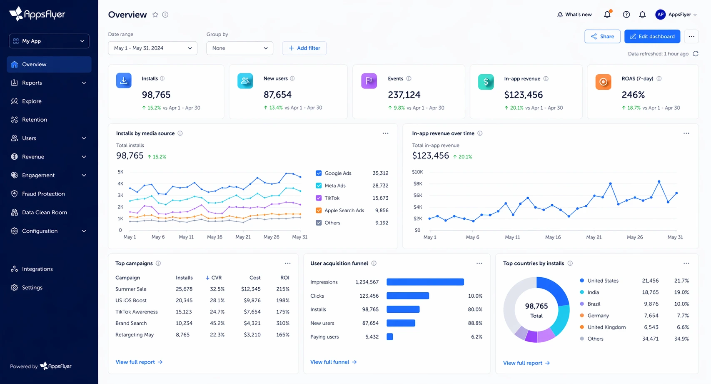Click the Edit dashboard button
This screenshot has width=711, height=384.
pyautogui.click(x=652, y=37)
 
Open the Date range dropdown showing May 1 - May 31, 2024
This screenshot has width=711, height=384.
pyautogui.click(x=152, y=48)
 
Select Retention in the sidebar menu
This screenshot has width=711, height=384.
pyautogui.click(x=34, y=120)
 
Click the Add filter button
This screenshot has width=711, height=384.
pyautogui.click(x=304, y=48)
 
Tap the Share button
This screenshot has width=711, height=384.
pyautogui.click(x=602, y=37)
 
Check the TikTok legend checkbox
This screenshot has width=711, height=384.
pyautogui.click(x=319, y=198)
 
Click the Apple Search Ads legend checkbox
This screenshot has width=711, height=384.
pyautogui.click(x=319, y=210)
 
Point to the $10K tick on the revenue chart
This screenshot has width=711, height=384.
pyautogui.click(x=417, y=172)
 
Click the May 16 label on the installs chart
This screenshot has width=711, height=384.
pyautogui.click(x=215, y=237)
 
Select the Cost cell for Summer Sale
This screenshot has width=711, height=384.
pyautogui.click(x=251, y=289)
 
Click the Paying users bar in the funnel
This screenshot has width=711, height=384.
pyautogui.click(x=390, y=336)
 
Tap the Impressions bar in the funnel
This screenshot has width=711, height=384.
pyautogui.click(x=425, y=282)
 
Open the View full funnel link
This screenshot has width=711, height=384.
pyautogui.click(x=333, y=362)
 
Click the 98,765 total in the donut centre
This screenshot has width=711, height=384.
pyautogui.click(x=536, y=306)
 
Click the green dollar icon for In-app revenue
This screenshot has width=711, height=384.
pyautogui.click(x=486, y=81)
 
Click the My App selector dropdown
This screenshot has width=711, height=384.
pyautogui.click(x=49, y=41)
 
